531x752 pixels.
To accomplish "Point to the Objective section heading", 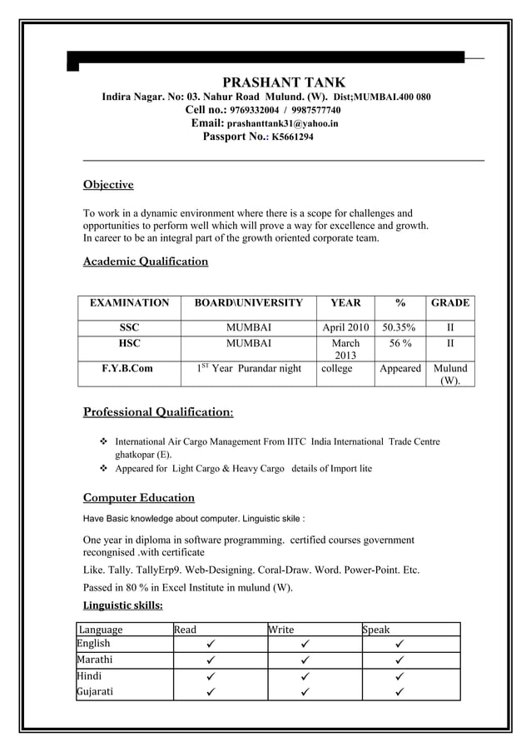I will point(108,184).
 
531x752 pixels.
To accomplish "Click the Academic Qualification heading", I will point(146,261).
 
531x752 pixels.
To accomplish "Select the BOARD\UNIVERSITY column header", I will point(249,303).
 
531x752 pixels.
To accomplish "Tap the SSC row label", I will point(129,327).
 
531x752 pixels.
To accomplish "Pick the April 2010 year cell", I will point(345,327).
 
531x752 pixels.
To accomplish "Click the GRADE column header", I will point(450,303).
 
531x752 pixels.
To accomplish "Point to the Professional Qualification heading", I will point(158,411).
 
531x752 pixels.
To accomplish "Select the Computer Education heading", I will point(139,498).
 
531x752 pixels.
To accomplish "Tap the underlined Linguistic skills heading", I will point(123,605).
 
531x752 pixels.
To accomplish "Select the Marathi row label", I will point(97,660).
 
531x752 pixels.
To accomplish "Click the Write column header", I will point(281,630).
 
